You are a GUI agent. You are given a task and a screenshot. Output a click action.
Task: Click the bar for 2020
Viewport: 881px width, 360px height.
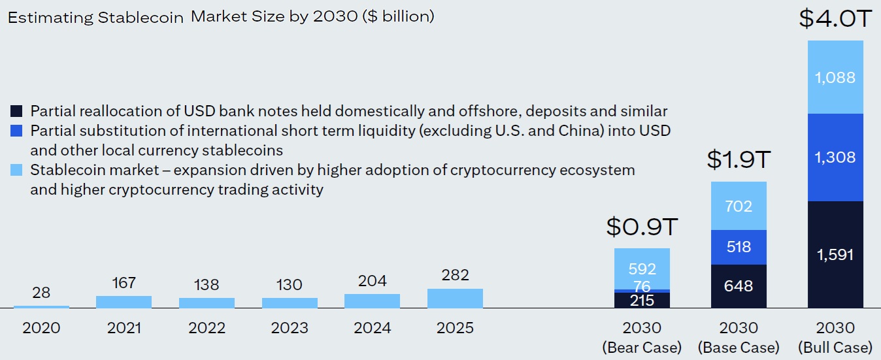[x=41, y=306]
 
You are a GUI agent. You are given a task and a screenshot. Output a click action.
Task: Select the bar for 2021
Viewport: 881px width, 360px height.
[x=124, y=302]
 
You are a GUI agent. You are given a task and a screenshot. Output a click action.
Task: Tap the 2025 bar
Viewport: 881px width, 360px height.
[x=455, y=298]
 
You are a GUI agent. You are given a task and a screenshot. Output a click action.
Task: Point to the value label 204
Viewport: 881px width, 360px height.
[x=372, y=281]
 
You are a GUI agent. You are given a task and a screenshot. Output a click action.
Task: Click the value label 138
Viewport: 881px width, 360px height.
[x=207, y=285]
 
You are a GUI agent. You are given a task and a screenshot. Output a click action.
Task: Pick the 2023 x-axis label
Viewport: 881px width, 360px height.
[x=290, y=327]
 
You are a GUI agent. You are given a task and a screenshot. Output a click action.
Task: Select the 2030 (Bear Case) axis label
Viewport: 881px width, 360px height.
[x=642, y=336]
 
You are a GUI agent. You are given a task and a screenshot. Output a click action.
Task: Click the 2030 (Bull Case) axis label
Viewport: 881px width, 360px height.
[x=835, y=336]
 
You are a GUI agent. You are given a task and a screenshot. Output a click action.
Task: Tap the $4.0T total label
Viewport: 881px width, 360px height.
[x=835, y=18]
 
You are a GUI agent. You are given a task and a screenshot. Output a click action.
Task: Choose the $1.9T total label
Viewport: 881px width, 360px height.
[x=739, y=159]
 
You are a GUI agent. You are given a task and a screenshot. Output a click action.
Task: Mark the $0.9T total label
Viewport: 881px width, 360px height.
[x=642, y=226]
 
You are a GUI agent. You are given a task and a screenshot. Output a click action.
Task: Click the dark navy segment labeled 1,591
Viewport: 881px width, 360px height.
[x=835, y=254]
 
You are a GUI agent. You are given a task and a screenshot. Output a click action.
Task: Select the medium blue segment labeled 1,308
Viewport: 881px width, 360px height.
[x=835, y=157]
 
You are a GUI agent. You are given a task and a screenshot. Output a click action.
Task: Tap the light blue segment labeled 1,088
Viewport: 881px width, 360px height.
[x=835, y=77]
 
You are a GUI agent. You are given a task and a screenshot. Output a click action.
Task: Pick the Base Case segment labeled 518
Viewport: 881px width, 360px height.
[x=739, y=247]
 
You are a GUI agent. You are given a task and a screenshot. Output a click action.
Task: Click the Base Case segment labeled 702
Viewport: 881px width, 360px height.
[x=739, y=206]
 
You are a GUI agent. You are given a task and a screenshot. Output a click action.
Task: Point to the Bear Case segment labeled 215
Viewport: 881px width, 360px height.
[x=642, y=300]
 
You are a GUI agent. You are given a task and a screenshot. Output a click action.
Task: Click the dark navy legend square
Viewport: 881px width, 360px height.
[x=17, y=111]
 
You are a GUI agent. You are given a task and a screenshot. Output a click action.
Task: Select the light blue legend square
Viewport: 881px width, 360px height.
[x=17, y=171]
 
